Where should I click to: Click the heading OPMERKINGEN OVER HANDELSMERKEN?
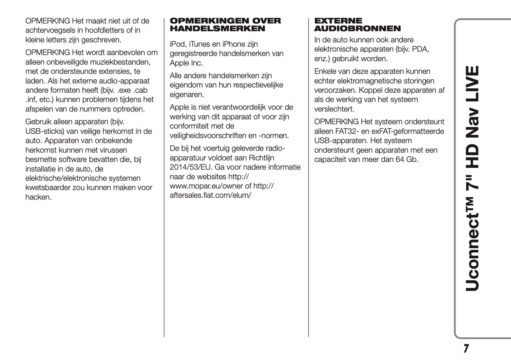pos(225,25)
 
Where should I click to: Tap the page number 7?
pos(466,349)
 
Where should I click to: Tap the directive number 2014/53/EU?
pos(190,167)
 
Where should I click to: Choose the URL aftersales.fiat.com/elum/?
pos(210,195)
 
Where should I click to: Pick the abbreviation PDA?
pos(420,49)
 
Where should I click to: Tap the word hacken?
pos(38,197)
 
